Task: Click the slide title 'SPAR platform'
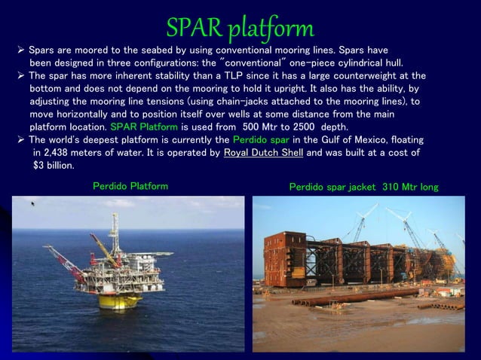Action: coord(240,28)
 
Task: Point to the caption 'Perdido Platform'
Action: coord(130,185)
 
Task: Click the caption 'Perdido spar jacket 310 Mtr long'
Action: coord(363,186)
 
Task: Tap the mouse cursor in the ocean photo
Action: coord(33,203)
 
